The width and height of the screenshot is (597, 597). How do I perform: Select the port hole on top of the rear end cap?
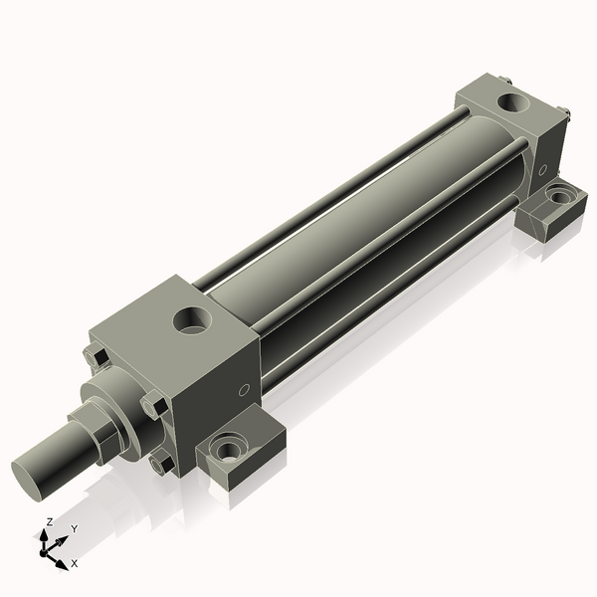click(x=515, y=101)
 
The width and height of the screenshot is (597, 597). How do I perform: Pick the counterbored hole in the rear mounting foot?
click(x=561, y=196)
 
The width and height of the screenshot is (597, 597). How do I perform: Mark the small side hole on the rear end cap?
click(x=542, y=170)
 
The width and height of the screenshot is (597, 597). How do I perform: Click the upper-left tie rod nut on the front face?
click(x=97, y=356)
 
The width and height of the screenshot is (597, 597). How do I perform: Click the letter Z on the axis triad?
click(x=50, y=521)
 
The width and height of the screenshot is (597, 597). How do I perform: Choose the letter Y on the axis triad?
click(x=74, y=529)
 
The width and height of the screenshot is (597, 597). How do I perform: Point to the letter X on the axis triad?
click(x=74, y=564)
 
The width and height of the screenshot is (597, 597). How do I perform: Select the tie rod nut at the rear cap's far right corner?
click(x=564, y=116)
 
